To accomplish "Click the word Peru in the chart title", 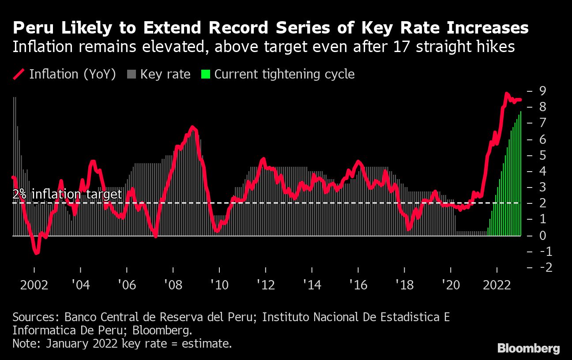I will point(30,28).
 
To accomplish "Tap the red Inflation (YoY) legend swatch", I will point(19,74).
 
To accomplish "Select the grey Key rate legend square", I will point(132,74).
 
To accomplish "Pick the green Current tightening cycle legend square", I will point(205,74).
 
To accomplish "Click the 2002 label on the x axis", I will point(34,285).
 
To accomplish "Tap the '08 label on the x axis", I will point(173,285).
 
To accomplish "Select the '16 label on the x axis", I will point(358,285).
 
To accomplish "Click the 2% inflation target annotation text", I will point(67,195).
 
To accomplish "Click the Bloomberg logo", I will point(528,348).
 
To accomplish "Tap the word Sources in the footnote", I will point(36,317).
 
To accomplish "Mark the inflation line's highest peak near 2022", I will point(507,94).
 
